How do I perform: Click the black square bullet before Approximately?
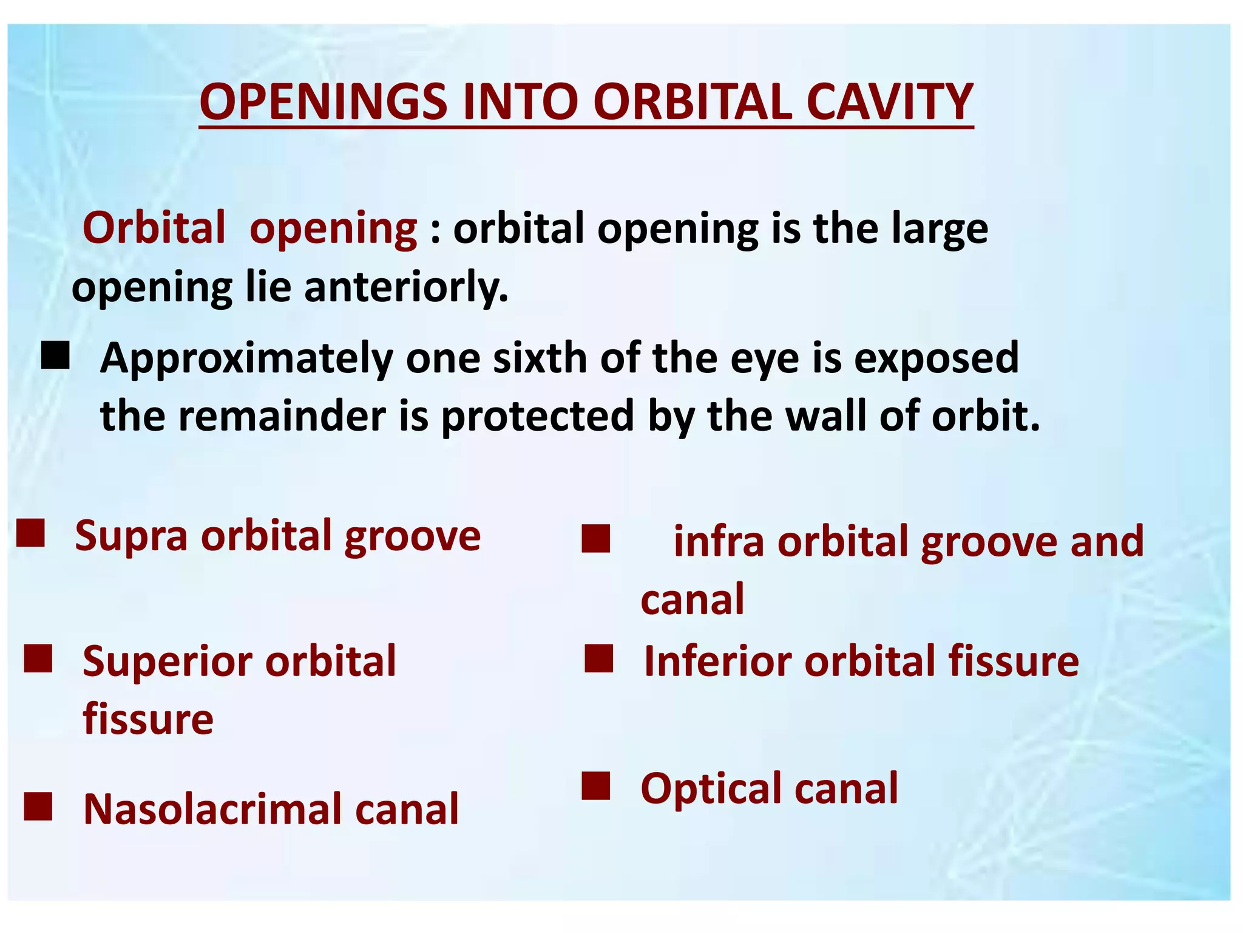click(55, 355)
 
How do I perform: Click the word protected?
click(537, 417)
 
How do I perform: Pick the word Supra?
click(131, 536)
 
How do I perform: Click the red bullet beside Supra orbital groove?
click(30, 533)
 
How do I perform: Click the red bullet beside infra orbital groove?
click(595, 539)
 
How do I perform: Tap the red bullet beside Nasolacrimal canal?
click(38, 806)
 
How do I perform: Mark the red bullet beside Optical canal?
click(595, 786)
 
